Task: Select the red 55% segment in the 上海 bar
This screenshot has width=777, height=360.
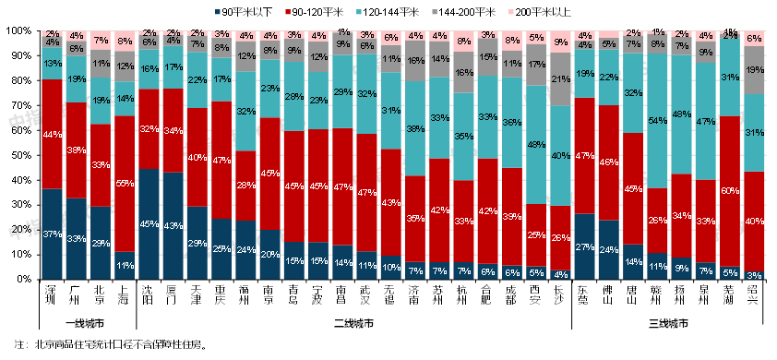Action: [124, 184]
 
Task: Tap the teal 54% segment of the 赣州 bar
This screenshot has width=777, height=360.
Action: [657, 120]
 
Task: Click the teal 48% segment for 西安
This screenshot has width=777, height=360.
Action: [536, 145]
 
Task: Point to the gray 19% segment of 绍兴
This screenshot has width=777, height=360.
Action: [754, 69]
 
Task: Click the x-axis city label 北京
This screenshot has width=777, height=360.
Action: [100, 296]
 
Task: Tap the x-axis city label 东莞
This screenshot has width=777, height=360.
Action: [584, 296]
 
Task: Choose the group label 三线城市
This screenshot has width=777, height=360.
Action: [668, 324]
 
